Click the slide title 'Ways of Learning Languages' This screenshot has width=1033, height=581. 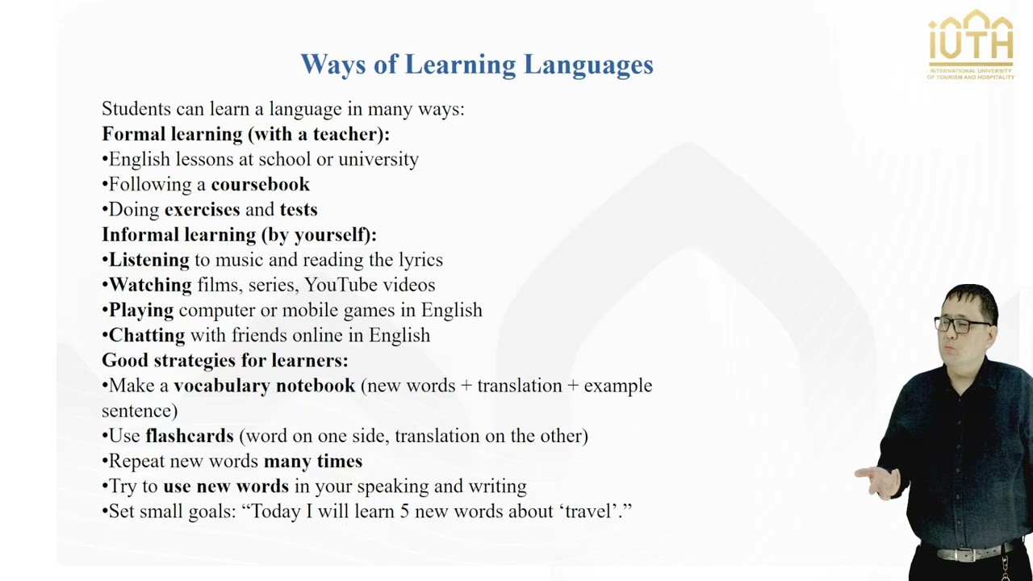click(476, 65)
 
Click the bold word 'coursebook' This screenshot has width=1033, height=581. click(260, 185)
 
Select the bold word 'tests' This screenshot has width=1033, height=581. click(298, 210)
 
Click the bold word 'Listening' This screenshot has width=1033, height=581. click(148, 260)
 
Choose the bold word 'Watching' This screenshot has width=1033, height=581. click(150, 285)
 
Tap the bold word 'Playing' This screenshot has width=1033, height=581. click(141, 310)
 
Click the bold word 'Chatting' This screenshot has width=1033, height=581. click(146, 335)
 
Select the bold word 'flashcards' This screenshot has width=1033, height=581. click(189, 436)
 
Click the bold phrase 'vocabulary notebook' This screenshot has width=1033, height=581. click(264, 386)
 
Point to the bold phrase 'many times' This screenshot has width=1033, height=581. click(312, 461)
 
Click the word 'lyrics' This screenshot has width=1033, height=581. click(420, 260)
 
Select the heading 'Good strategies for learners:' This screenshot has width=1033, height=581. click(224, 360)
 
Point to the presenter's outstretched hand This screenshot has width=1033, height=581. click(877, 482)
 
